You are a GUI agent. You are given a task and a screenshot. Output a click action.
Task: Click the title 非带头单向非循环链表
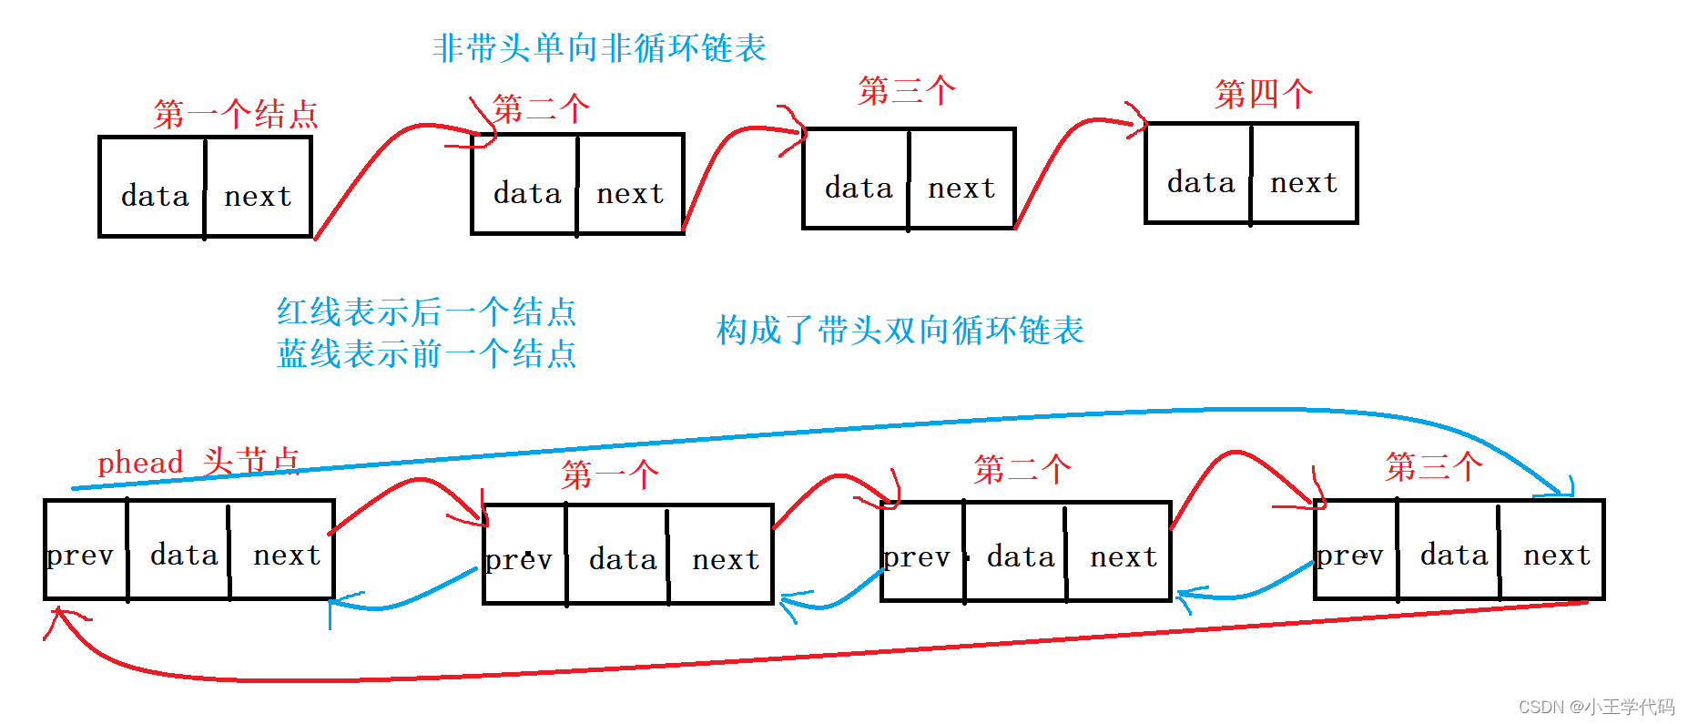(x=599, y=47)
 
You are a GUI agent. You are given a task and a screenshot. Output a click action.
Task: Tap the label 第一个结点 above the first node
(x=236, y=114)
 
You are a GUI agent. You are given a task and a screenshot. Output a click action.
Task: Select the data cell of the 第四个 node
(x=1198, y=173)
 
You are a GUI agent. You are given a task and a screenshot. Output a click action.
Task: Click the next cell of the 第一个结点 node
(x=259, y=187)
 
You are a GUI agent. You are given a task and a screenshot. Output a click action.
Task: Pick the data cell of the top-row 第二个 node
(x=525, y=184)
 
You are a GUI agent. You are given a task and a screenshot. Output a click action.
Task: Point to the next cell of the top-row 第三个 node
(x=961, y=178)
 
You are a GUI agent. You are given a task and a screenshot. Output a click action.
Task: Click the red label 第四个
(x=1264, y=94)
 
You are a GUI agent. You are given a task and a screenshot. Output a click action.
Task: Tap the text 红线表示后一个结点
(x=426, y=311)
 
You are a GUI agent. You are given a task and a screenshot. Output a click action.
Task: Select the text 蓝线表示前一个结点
(x=426, y=353)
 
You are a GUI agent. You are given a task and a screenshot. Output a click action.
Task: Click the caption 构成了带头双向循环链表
(x=900, y=330)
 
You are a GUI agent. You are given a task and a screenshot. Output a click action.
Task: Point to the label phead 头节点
(x=198, y=462)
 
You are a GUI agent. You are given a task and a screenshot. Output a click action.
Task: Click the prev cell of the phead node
(x=86, y=550)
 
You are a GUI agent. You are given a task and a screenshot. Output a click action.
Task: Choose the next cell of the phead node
(x=282, y=550)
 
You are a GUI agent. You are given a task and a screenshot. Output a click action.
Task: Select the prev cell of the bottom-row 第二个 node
(x=923, y=552)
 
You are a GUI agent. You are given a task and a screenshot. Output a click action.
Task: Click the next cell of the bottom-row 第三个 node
(x=1551, y=550)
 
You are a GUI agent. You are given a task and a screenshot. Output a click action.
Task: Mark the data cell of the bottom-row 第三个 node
(x=1449, y=550)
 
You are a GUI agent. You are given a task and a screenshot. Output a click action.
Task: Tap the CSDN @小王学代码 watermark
(x=1596, y=707)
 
